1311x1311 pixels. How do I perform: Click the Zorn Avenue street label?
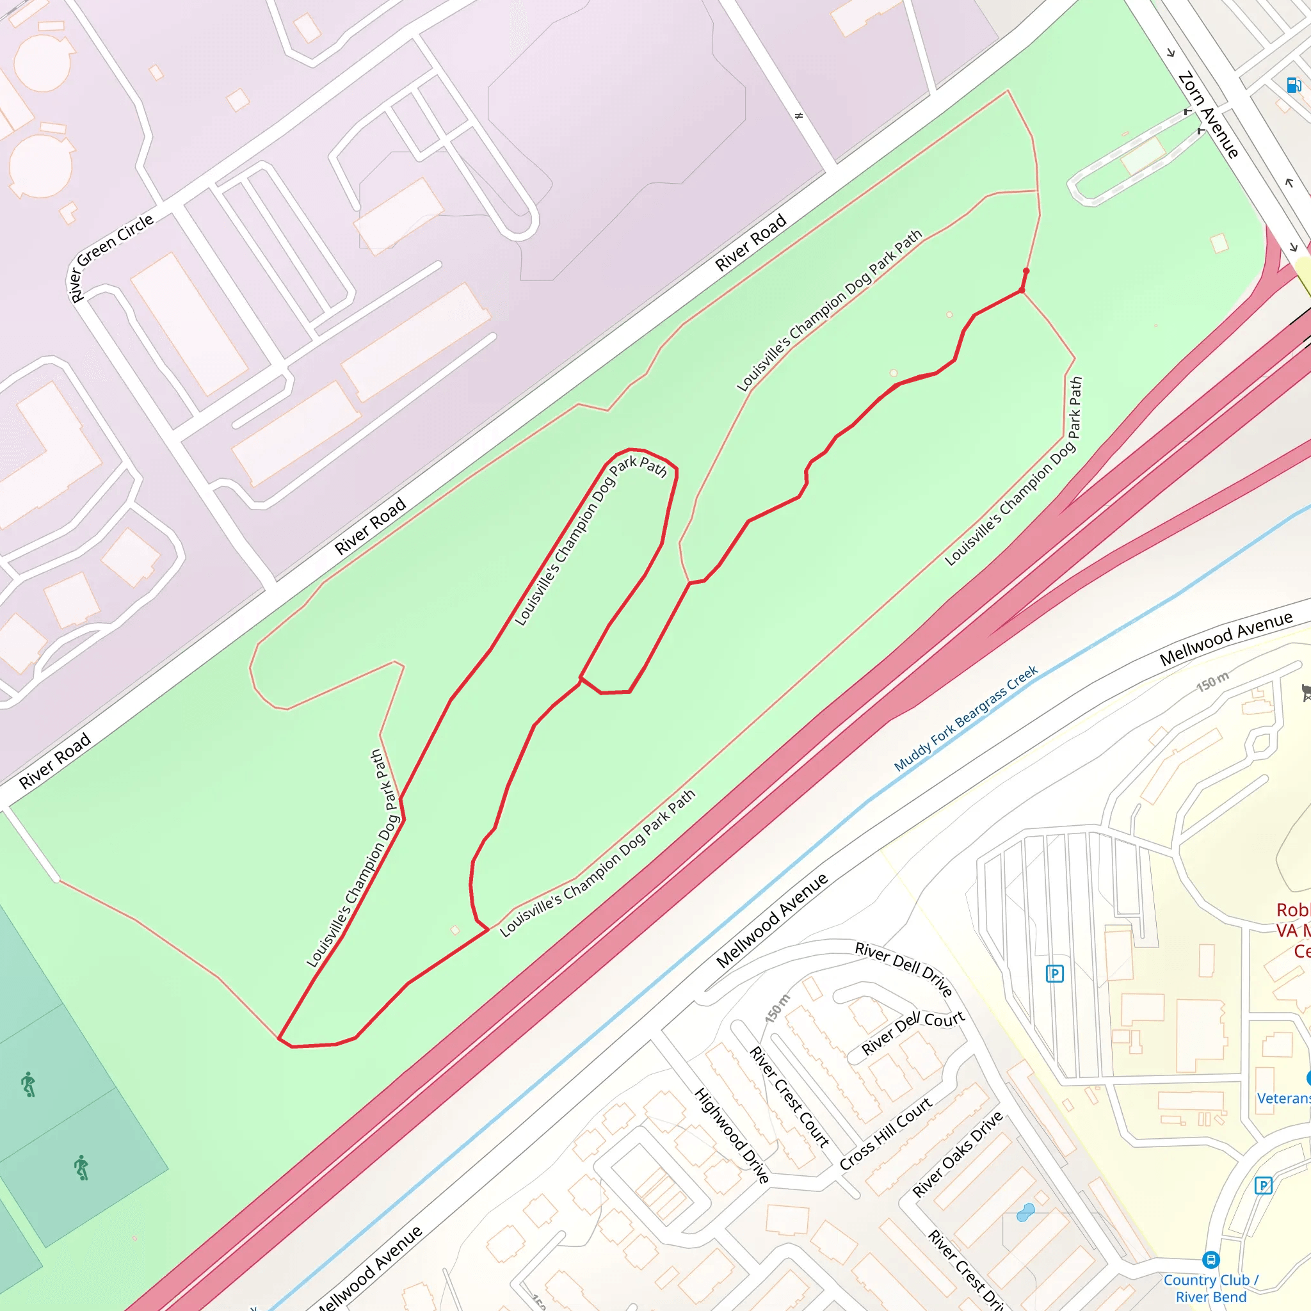tap(1209, 115)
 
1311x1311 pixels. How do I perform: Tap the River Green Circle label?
tap(111, 257)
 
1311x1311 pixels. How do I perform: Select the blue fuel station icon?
tap(1293, 85)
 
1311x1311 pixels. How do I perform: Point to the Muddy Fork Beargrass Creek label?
tap(965, 719)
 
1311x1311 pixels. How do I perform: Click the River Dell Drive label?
tap(904, 969)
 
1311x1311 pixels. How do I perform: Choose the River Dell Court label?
tap(913, 1033)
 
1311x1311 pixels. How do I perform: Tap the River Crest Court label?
tap(789, 1097)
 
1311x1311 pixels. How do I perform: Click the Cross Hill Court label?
tap(885, 1134)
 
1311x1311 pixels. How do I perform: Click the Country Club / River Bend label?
tap(1211, 1288)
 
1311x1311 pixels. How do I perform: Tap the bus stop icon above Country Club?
tap(1210, 1259)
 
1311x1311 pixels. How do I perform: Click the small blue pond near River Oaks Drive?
tap(1025, 1212)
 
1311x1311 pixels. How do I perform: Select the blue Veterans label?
tap(1282, 1098)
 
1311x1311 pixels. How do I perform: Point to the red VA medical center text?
tap(1292, 930)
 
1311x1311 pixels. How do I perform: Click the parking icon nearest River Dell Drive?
tap(1054, 974)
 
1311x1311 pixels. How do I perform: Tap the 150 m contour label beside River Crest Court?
tap(778, 1008)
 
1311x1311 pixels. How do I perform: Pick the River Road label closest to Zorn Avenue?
tap(750, 241)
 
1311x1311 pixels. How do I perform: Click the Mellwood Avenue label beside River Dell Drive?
tap(772, 920)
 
